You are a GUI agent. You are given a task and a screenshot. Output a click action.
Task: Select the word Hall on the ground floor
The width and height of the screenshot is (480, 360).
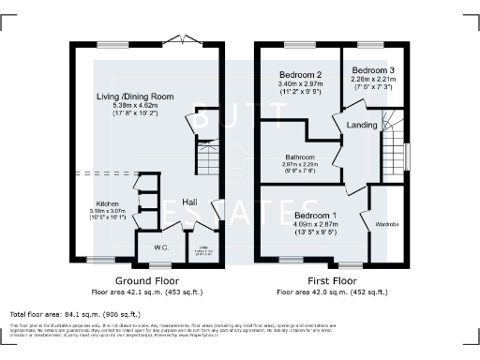(x=189, y=202)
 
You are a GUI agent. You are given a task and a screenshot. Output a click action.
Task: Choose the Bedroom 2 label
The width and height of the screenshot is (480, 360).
(x=300, y=75)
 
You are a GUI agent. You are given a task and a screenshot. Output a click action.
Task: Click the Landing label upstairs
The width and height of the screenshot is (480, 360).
(x=362, y=125)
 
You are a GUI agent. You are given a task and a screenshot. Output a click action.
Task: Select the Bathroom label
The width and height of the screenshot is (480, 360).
(x=300, y=157)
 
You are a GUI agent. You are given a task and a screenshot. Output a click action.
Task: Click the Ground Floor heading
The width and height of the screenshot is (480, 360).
(x=147, y=280)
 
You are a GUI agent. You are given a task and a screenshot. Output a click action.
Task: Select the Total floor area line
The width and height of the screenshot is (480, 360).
(x=74, y=313)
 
